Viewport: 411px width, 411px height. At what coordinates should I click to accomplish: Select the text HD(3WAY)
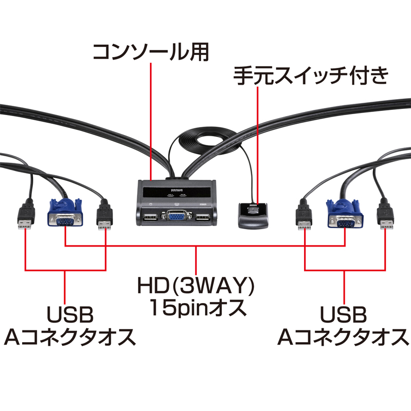[197, 285]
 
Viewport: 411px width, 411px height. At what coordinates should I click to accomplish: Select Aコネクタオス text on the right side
[343, 337]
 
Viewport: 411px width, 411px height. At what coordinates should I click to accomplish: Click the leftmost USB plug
[25, 218]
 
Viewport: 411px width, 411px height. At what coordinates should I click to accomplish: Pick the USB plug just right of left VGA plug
[105, 218]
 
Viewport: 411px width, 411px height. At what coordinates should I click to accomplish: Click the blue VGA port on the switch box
[176, 216]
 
